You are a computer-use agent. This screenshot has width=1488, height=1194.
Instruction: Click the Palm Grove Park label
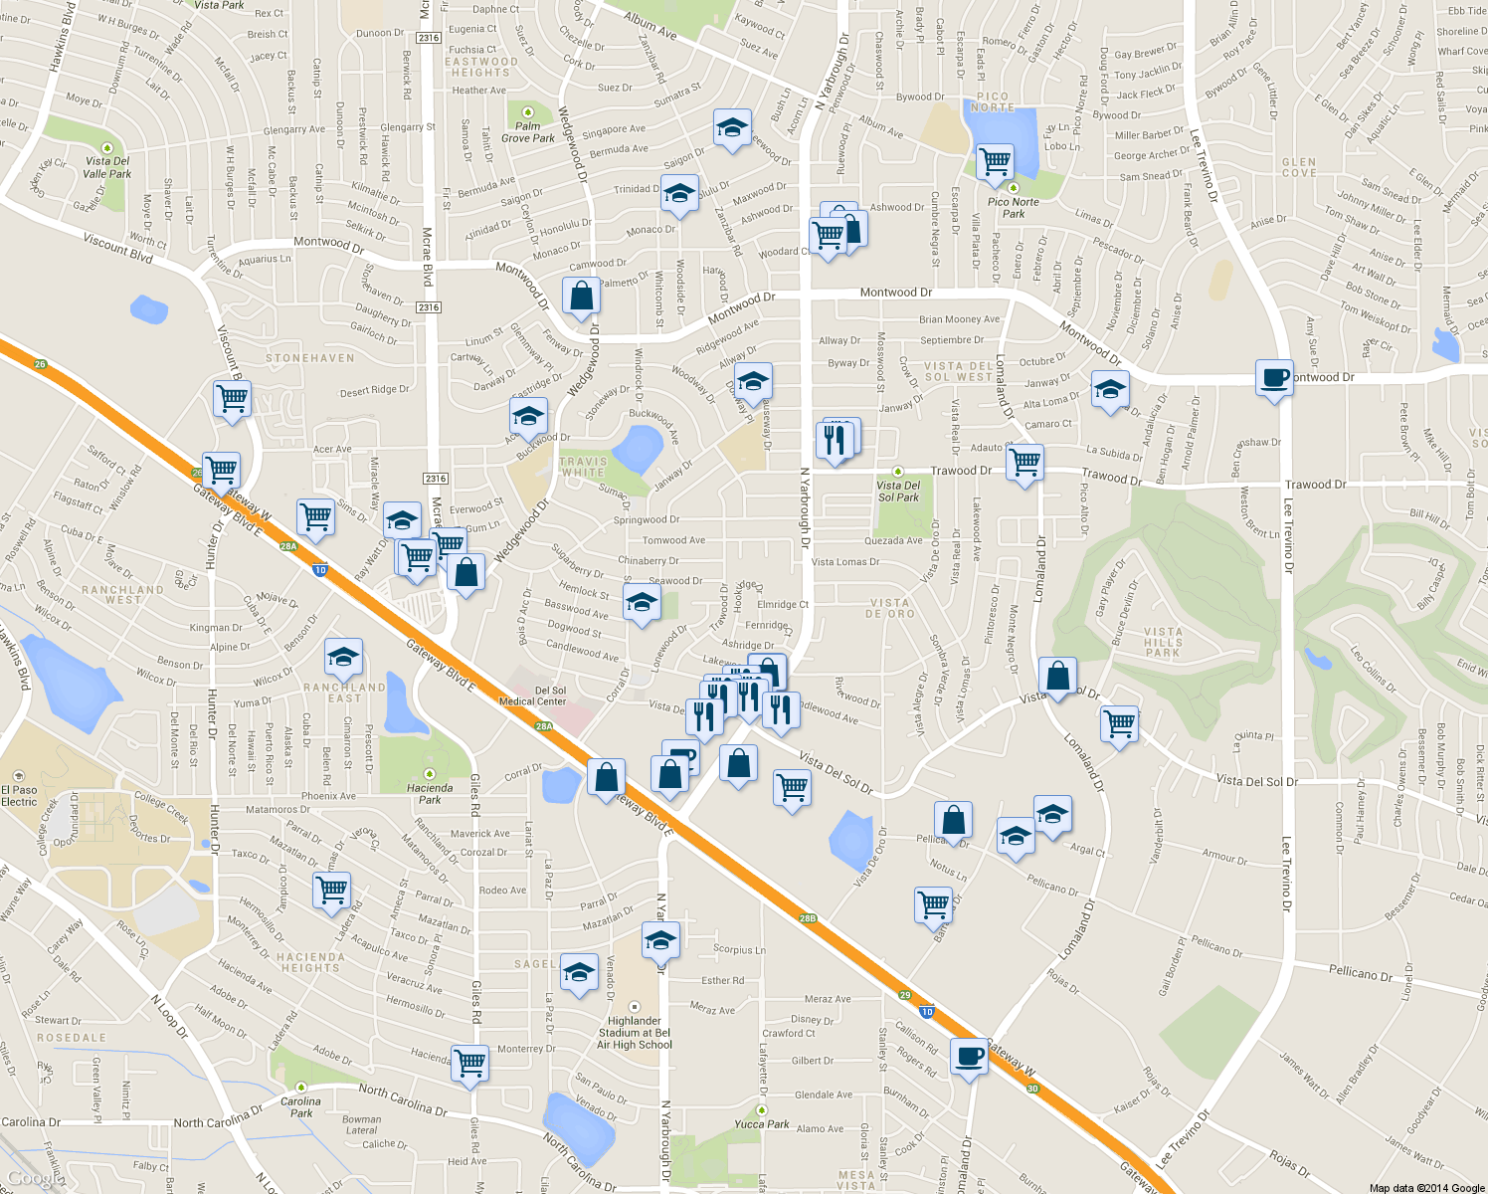click(x=527, y=131)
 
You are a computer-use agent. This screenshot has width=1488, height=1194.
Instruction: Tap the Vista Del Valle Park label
click(x=107, y=167)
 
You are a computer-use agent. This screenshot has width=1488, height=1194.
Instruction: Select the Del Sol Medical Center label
click(x=532, y=696)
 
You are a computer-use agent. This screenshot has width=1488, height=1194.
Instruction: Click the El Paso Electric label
click(x=19, y=795)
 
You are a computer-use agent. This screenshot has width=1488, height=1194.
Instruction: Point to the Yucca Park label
click(x=762, y=1124)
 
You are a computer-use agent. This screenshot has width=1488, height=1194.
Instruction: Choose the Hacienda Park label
click(x=430, y=793)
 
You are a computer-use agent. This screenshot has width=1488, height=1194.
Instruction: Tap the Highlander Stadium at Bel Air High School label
click(x=635, y=1033)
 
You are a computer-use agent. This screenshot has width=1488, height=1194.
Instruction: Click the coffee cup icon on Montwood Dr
click(x=1274, y=378)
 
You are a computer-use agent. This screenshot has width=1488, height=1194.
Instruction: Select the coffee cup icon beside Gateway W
click(x=968, y=1057)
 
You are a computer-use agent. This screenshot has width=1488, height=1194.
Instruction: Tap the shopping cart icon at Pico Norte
click(x=995, y=160)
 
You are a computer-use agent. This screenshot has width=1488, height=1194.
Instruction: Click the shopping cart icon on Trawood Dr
click(x=1024, y=462)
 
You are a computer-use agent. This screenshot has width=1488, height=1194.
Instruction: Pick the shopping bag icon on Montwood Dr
click(x=581, y=296)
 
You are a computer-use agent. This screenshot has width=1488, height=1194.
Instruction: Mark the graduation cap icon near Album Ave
click(x=732, y=127)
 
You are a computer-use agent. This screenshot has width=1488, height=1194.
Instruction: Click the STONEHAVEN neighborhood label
click(x=310, y=358)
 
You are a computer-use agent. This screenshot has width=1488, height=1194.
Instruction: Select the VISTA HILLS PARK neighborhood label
click(x=1163, y=642)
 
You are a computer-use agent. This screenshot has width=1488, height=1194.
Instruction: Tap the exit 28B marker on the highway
click(x=808, y=918)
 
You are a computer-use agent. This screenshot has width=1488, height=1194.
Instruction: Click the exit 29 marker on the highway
click(x=904, y=995)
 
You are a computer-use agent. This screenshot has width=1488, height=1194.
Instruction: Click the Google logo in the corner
click(x=30, y=1178)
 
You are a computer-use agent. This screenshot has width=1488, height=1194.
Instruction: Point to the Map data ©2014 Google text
click(x=1426, y=1188)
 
